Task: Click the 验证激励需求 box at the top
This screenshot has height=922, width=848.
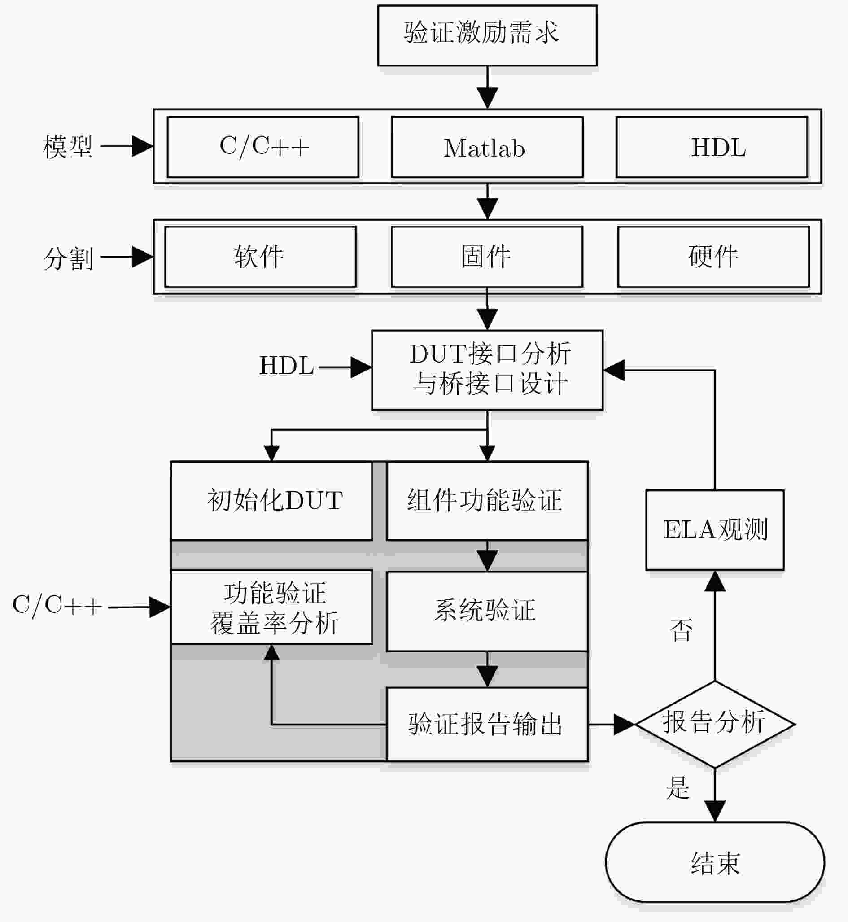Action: tap(487, 35)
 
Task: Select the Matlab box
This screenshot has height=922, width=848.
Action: tap(487, 147)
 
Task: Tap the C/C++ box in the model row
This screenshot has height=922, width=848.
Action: tap(262, 147)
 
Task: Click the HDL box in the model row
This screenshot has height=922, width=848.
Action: tap(711, 147)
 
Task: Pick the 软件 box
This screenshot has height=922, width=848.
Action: tap(260, 257)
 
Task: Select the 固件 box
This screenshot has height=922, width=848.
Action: tap(487, 257)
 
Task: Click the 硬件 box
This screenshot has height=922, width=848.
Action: tap(713, 257)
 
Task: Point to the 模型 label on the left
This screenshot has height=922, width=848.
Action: tap(68, 147)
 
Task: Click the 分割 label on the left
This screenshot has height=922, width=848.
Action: tap(68, 258)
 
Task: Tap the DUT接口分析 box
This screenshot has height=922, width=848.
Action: tap(487, 369)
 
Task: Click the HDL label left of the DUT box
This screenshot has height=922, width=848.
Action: tap(286, 366)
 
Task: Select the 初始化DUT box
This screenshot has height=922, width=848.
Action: tap(271, 500)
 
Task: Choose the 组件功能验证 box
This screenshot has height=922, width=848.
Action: tap(487, 500)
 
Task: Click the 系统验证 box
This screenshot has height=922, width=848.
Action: tap(487, 611)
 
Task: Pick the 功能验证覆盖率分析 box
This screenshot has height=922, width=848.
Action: tap(271, 607)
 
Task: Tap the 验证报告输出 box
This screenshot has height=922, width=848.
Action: tap(487, 724)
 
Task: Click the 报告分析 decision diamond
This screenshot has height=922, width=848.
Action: tap(714, 724)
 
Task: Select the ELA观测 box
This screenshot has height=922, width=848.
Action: tap(714, 529)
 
